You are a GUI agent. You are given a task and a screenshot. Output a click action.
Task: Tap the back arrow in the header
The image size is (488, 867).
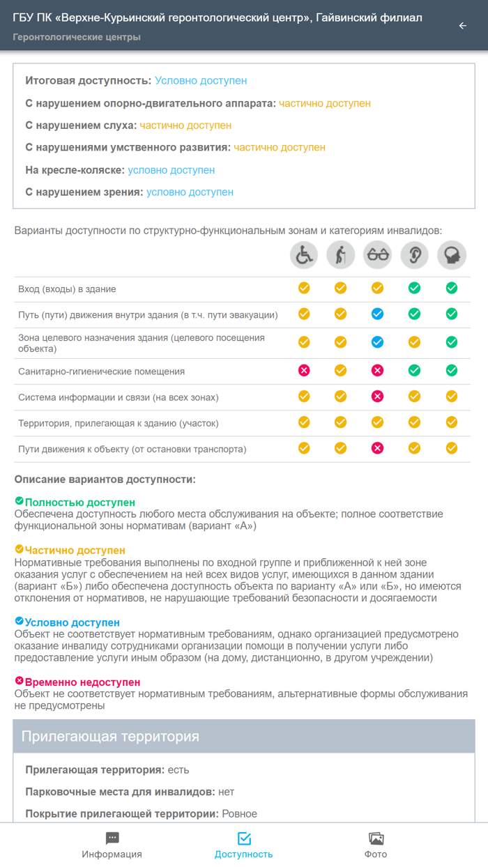[x=462, y=26]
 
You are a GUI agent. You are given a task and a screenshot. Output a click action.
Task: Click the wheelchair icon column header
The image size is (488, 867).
[x=304, y=256]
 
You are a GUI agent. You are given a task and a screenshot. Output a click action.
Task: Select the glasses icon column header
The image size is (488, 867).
[x=378, y=256]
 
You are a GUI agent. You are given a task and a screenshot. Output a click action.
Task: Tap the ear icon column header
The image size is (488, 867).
[x=415, y=256]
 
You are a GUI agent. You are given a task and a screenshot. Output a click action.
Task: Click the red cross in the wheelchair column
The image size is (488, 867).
[x=304, y=371]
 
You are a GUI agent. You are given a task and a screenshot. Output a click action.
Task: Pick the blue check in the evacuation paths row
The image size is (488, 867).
[x=378, y=314]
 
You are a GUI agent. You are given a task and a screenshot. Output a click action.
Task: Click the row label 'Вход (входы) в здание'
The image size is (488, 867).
[x=67, y=289]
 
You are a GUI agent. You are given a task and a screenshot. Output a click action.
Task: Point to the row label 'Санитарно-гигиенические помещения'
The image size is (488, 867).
[x=101, y=371]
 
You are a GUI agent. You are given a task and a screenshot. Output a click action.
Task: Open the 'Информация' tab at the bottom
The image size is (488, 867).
[x=112, y=845]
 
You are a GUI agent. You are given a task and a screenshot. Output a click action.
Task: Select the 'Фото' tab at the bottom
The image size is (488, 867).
[x=376, y=845]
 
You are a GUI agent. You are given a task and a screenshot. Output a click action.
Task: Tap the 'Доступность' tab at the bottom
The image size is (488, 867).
[x=244, y=845]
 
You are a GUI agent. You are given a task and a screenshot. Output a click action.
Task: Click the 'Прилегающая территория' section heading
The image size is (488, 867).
[x=110, y=737]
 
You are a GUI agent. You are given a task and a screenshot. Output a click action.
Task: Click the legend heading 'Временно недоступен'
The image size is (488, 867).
[x=82, y=682]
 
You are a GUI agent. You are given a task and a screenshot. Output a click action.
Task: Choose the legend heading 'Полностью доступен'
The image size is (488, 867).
[x=79, y=502]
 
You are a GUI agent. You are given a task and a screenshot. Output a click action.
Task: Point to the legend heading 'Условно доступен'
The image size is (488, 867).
[x=72, y=622]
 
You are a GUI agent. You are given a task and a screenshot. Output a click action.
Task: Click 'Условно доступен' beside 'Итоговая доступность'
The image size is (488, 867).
[x=201, y=81]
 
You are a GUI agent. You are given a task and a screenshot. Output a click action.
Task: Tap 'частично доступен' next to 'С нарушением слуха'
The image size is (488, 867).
[x=185, y=125]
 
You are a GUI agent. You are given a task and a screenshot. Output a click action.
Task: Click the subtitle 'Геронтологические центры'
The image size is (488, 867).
[x=77, y=37]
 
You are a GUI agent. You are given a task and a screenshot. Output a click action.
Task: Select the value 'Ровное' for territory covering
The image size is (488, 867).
[x=239, y=814]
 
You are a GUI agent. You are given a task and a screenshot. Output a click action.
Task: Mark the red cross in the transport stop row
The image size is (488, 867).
[x=378, y=448]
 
